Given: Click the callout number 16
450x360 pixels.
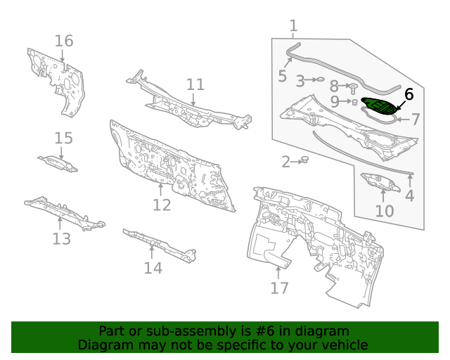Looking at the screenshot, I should [x=64, y=41].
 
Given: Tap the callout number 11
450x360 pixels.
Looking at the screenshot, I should [x=195, y=85].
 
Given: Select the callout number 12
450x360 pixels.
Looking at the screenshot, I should [x=162, y=205].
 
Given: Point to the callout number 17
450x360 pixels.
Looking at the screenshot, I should [x=279, y=288].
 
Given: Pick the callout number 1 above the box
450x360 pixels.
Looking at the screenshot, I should [x=293, y=26].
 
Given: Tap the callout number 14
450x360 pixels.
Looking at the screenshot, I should [x=153, y=268].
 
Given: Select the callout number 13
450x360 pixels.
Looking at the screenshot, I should [x=62, y=239].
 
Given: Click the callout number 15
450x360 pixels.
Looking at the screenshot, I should [x=63, y=138].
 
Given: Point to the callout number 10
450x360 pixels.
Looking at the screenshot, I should [x=384, y=210].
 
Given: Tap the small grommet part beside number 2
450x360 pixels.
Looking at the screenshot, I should [x=305, y=161].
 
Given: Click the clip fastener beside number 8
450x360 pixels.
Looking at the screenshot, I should [x=353, y=87].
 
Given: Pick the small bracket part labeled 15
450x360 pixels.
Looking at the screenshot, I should [x=58, y=163].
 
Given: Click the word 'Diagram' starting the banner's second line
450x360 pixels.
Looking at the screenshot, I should [x=103, y=345].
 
